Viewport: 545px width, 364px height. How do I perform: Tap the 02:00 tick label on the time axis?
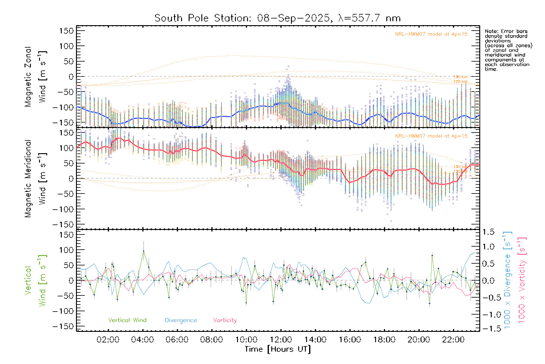click(x=108, y=340)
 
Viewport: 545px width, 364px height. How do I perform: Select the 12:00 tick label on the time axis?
click(x=281, y=340)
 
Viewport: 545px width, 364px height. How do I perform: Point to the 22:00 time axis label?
click(x=453, y=340)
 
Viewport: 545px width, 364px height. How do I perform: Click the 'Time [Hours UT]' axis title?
click(x=278, y=349)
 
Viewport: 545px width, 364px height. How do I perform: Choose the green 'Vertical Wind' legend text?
click(x=127, y=320)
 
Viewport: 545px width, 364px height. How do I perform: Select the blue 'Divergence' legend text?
click(x=181, y=320)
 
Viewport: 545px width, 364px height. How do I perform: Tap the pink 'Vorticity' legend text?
click(x=225, y=320)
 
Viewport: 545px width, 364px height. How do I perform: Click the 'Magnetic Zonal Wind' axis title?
click(x=35, y=77)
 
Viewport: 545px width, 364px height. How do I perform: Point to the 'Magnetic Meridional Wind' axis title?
click(x=35, y=179)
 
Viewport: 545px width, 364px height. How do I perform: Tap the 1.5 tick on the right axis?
click(x=488, y=232)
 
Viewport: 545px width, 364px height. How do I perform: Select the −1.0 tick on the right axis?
click(x=488, y=315)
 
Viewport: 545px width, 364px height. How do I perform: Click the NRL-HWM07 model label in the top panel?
click(x=431, y=34)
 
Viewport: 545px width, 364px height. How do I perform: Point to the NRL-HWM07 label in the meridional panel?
click(x=431, y=136)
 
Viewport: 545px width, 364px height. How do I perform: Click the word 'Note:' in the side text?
click(x=491, y=31)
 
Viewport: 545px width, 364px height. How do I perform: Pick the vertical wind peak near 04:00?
click(x=144, y=251)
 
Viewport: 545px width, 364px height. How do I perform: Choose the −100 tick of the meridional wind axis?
click(x=64, y=209)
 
